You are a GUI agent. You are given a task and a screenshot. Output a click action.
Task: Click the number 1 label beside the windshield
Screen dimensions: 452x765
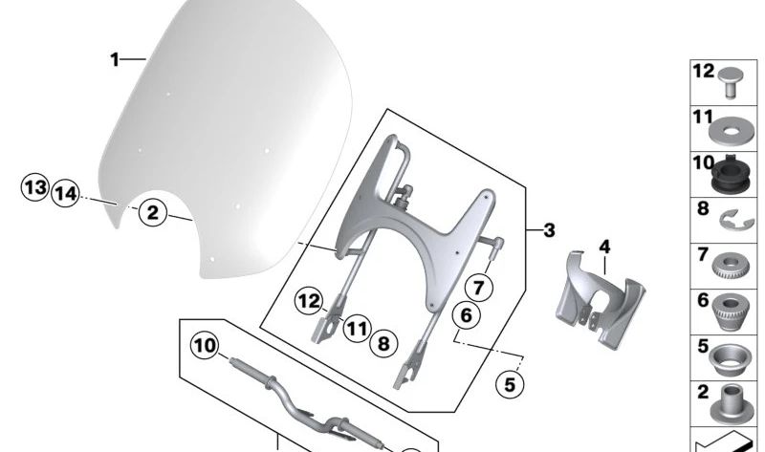click(x=114, y=60)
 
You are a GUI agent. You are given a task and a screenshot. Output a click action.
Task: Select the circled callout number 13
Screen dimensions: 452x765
click(x=34, y=187)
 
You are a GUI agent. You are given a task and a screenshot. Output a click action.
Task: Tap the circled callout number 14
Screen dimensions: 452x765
click(x=65, y=193)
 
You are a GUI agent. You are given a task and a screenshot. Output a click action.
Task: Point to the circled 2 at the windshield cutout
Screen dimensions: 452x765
click(x=153, y=212)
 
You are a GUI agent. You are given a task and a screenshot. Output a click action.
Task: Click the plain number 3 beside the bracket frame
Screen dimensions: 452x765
click(x=548, y=230)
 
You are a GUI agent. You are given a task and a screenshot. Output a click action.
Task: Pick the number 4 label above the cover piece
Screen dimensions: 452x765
click(x=603, y=248)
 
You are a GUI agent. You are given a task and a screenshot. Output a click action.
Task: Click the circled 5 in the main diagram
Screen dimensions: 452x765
click(x=509, y=385)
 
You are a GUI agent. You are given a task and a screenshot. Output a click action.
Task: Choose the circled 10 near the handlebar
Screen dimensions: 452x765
click(x=204, y=344)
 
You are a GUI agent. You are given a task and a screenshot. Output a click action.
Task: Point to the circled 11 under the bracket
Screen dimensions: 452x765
click(x=356, y=330)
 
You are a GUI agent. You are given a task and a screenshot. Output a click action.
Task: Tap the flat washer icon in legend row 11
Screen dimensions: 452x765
click(x=731, y=127)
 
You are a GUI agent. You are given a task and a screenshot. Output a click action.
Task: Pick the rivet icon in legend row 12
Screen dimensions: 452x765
click(x=732, y=80)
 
